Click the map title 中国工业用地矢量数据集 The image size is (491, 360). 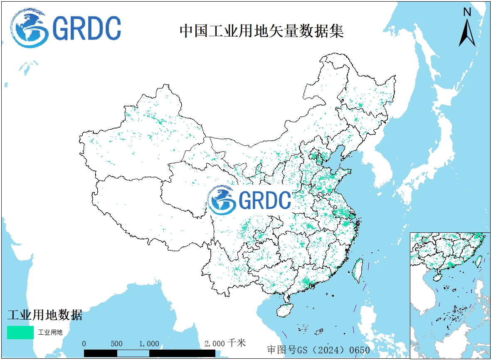tap(262, 31)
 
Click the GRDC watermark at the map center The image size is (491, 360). tap(249, 200)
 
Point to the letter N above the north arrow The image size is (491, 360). tap(467, 12)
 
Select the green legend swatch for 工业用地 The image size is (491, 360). tap(20, 332)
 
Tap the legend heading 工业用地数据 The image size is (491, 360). tap(45, 315)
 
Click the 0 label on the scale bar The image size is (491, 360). tap(84, 344)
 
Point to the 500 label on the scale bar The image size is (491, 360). tap(116, 344)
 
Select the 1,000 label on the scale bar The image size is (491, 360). tap(149, 344)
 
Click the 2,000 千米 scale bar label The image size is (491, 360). tap(225, 343)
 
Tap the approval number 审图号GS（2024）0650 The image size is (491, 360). tap(318, 350)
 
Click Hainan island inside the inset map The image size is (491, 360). tap(437, 276)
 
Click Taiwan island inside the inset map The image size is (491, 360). tap(479, 261)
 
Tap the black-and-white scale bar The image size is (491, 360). tap(149, 353)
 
